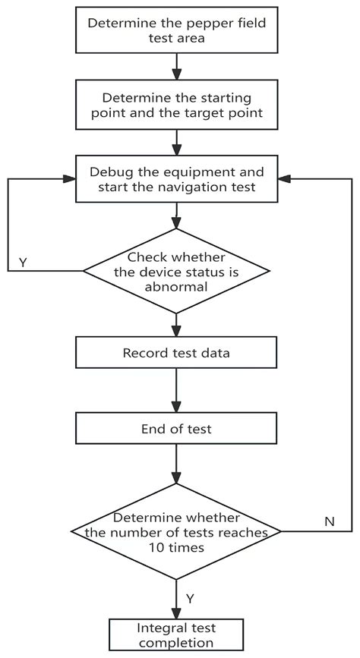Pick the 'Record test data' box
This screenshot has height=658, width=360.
point(176,354)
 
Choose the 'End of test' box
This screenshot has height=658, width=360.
point(176,429)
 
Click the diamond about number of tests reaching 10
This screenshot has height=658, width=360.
point(176,531)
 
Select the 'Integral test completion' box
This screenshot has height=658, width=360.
point(176,635)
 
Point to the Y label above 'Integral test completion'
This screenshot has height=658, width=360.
point(190,599)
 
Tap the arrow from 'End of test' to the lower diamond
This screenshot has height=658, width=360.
point(176,464)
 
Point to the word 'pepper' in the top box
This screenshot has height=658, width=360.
point(201,22)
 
